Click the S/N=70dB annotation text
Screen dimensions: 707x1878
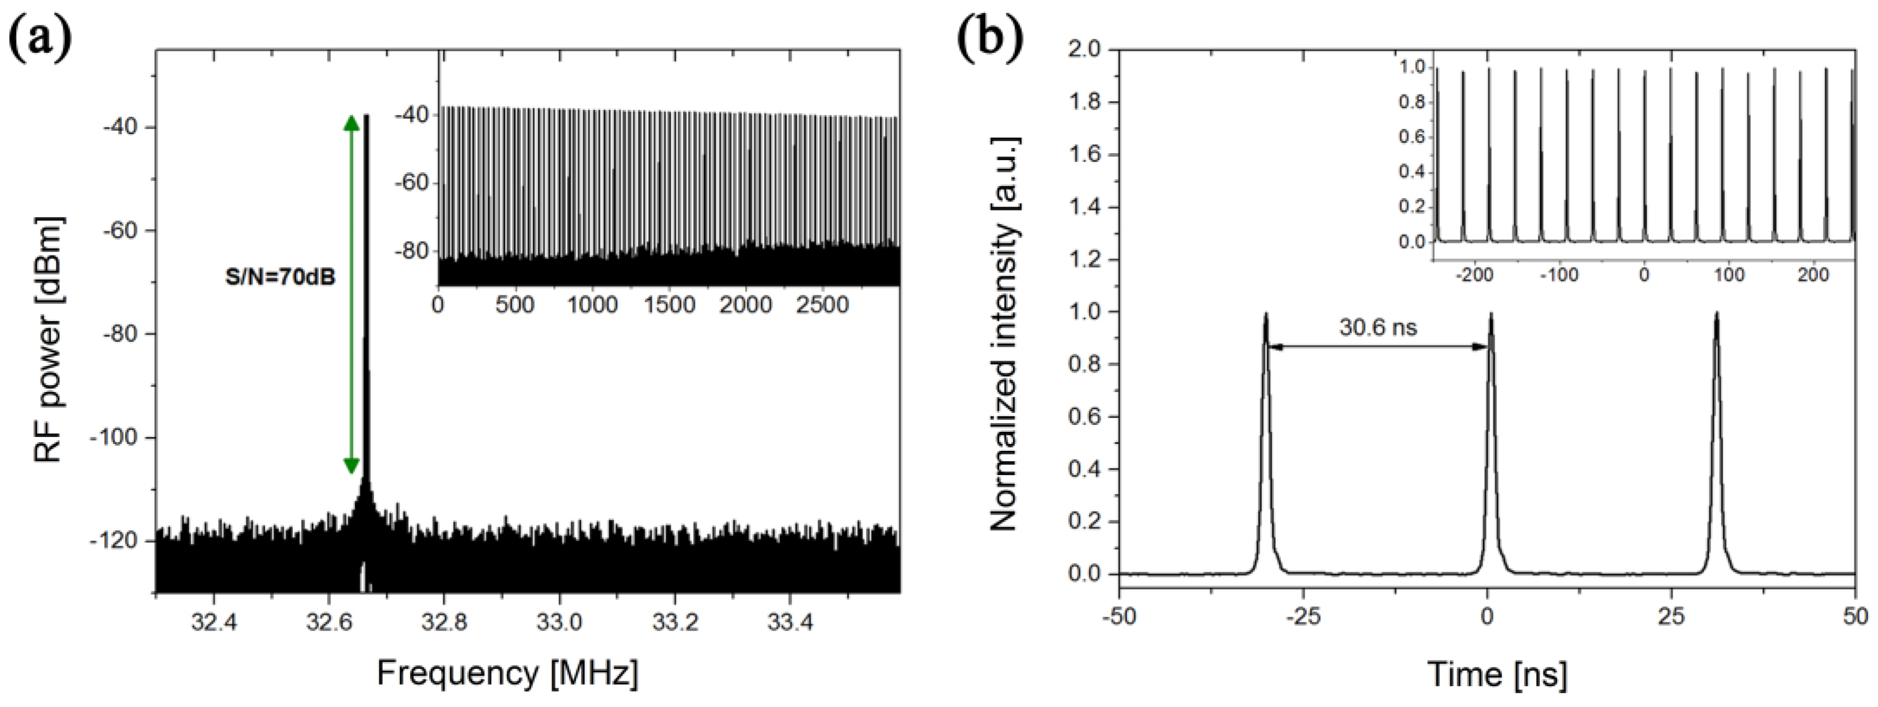coord(280,278)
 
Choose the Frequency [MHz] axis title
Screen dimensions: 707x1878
coord(507,672)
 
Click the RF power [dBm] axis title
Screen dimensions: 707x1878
coord(49,339)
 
